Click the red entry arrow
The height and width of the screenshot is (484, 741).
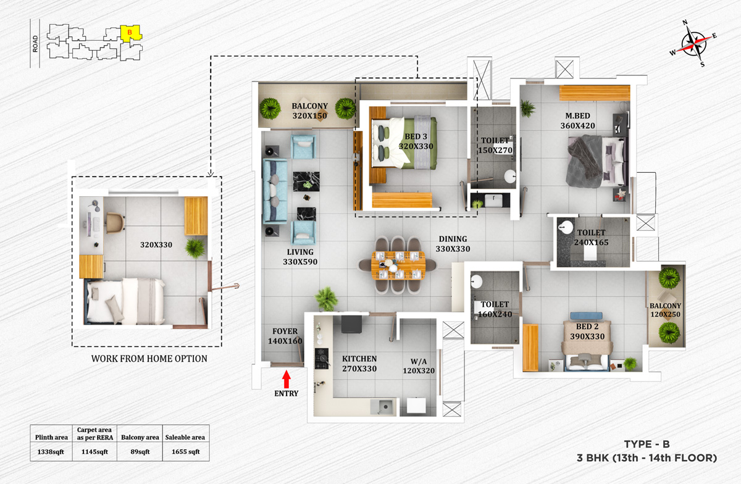click(286, 377)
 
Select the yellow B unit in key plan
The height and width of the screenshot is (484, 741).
click(130, 32)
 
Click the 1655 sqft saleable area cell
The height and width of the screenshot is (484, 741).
click(185, 451)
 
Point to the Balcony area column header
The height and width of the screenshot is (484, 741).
click(144, 437)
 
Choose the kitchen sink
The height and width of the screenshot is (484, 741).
click(384, 406)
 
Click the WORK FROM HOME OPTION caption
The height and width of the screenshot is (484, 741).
click(149, 358)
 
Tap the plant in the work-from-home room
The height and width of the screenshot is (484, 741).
click(195, 248)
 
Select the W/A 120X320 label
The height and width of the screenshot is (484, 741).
click(418, 367)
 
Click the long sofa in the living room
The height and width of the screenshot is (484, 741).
click(274, 191)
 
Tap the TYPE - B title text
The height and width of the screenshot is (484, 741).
click(647, 444)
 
